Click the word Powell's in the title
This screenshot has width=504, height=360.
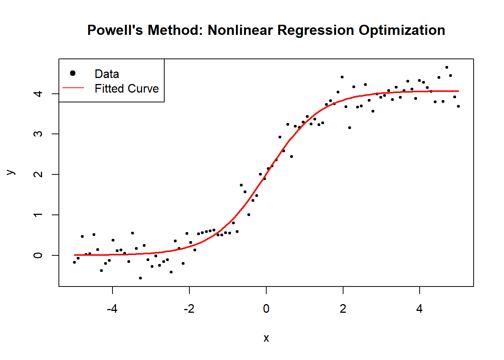tap(115, 30)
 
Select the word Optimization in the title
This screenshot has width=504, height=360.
tap(402, 30)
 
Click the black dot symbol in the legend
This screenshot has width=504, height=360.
tap(73, 73)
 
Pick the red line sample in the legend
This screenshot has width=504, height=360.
tap(73, 88)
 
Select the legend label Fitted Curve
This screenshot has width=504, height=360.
tap(126, 88)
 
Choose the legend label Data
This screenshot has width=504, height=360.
tap(106, 74)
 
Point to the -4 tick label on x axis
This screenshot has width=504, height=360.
tap(112, 309)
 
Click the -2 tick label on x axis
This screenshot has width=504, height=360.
tap(189, 309)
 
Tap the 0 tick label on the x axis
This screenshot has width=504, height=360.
tap(266, 309)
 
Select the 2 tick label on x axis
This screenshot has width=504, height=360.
tap(343, 309)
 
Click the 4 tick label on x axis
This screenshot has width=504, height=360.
tap(419, 309)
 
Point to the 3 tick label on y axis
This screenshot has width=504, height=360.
tap(38, 134)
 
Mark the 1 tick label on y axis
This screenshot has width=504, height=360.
tap(38, 215)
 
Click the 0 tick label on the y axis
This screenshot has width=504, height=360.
tap(38, 255)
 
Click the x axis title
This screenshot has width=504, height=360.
tap(266, 338)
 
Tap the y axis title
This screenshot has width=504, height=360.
tap(10, 172)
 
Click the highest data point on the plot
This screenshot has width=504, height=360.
tap(447, 67)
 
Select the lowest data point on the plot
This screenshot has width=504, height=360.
tap(140, 278)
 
